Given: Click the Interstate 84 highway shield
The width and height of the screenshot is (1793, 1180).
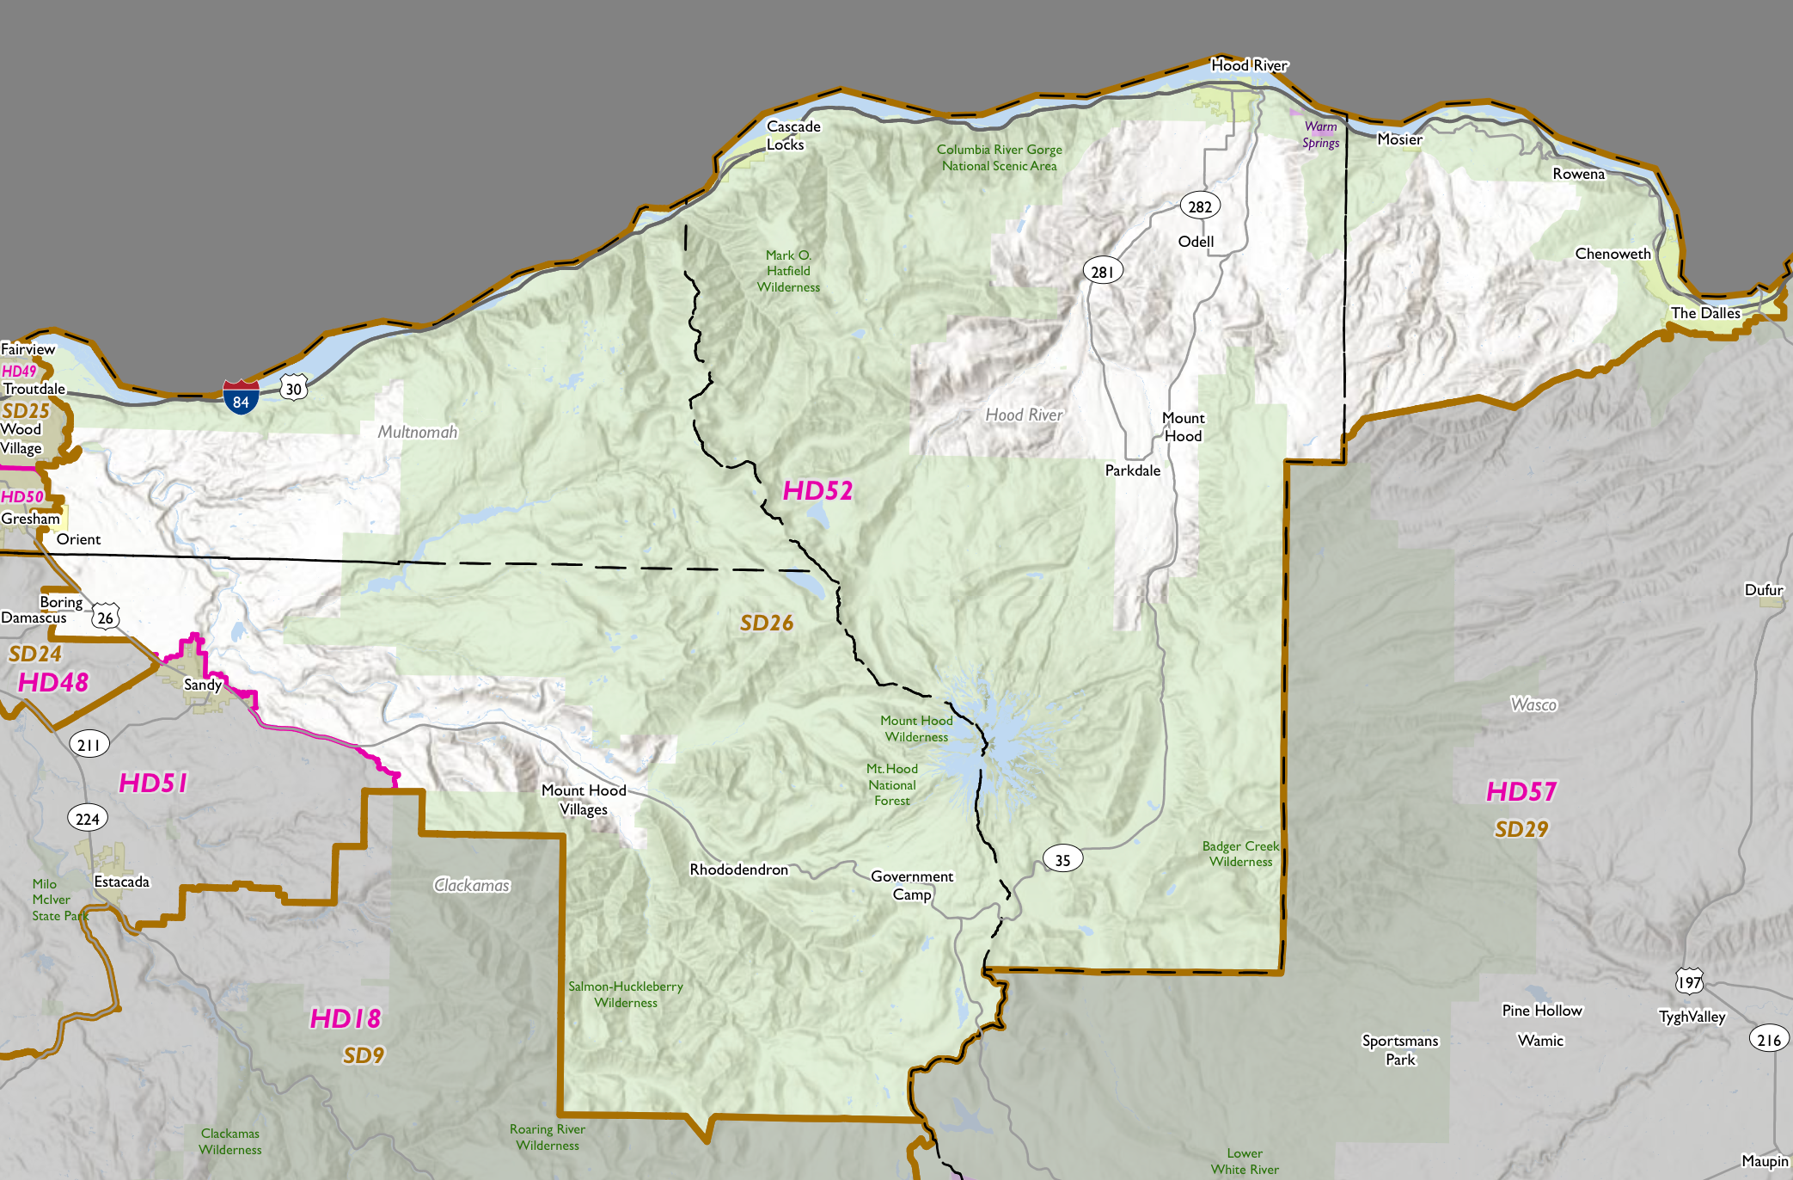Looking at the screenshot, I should coord(241,397).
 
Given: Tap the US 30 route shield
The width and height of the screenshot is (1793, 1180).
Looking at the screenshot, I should coord(294,388).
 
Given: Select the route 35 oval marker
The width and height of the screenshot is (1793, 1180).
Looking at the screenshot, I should coord(1062,859).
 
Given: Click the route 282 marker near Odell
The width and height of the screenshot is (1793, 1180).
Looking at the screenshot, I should coord(1199,206).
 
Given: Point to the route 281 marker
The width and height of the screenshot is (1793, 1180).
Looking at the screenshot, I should coord(1102,272).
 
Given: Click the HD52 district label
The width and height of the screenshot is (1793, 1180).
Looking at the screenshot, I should coord(817,491).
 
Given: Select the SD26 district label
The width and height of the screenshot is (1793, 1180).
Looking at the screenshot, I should coord(766,623).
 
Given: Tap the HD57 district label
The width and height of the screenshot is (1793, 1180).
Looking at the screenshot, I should coord(1521,791).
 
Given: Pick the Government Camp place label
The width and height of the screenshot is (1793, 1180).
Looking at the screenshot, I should coord(912,885).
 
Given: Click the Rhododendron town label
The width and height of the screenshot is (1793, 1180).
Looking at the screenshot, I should coord(738,870).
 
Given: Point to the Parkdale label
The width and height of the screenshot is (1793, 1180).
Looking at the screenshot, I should coord(1132,470).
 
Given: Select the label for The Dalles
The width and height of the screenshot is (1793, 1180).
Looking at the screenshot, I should coord(1704,313).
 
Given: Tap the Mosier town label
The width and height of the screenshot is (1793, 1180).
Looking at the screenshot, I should coord(1399,139).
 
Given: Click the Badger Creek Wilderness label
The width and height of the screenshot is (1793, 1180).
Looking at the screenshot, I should coord(1240,854).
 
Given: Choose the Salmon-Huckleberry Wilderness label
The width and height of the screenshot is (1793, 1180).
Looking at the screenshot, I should coord(625,994).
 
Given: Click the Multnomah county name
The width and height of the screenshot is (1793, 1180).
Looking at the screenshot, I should coord(418,432).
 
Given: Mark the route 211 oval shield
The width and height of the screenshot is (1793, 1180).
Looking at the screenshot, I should coord(89,745).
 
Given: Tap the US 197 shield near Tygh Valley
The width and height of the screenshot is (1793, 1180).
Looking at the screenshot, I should coord(1688,981).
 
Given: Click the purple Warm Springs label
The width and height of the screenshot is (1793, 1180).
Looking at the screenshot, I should coord(1320,135).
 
